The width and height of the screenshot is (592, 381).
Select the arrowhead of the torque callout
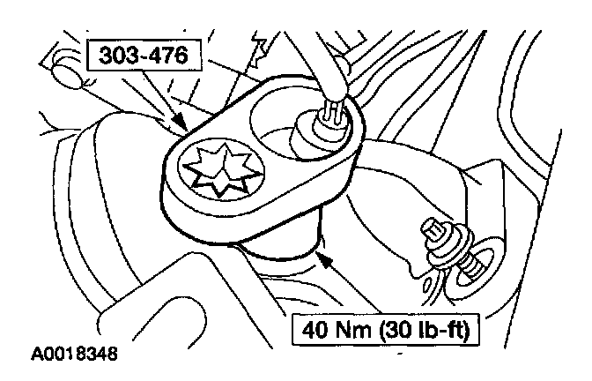[x=325, y=259]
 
